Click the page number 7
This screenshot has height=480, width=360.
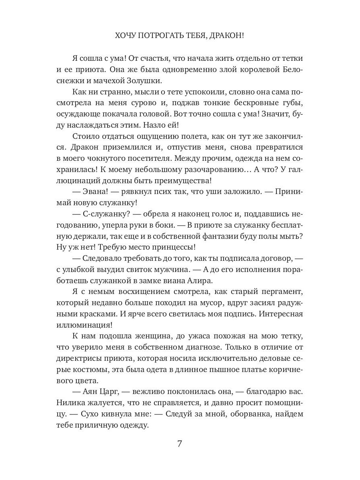tap(180, 444)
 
